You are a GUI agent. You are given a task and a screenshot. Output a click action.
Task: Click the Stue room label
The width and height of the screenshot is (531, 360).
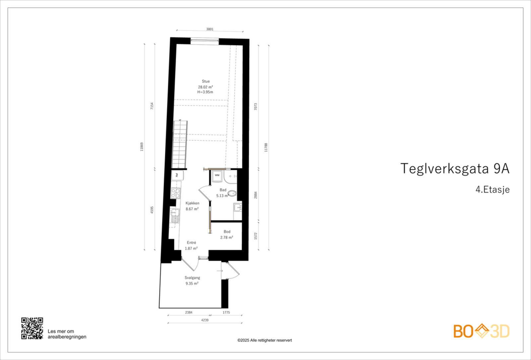206,81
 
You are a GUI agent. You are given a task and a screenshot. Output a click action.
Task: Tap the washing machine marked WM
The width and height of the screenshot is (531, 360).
217,176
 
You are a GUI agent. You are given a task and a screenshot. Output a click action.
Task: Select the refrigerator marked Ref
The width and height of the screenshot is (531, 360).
177,175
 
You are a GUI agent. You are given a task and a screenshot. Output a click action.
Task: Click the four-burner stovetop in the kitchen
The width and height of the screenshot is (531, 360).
175,193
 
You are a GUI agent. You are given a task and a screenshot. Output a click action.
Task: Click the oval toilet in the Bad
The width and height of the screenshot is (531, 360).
232,193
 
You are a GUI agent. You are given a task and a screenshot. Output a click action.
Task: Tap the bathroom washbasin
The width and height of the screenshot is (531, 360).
238,208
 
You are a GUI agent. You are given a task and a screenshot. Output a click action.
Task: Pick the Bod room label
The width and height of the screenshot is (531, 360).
227,232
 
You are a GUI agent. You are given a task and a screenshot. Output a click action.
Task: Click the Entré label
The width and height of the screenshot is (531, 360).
191,243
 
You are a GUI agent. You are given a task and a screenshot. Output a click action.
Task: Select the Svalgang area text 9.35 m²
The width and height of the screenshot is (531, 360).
192,284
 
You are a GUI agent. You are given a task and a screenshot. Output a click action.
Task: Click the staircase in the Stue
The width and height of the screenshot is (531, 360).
180,144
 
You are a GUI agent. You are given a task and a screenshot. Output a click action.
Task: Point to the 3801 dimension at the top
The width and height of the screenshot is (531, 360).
210,29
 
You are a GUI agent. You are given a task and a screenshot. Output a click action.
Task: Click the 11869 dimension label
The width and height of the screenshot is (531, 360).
142,147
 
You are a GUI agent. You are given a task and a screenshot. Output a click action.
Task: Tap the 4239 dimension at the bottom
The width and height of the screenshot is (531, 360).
205,320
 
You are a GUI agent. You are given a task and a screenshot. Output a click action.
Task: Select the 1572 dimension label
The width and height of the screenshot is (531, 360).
256,236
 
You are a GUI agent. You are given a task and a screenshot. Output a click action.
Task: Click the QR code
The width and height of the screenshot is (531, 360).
32,328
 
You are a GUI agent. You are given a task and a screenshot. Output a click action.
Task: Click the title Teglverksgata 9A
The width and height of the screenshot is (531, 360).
455,169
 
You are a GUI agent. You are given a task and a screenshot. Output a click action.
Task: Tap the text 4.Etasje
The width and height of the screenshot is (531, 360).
493,189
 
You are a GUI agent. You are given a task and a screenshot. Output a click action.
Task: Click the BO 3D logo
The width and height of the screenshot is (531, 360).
481,331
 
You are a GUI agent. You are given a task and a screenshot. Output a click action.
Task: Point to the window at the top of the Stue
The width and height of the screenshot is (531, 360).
205,41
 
